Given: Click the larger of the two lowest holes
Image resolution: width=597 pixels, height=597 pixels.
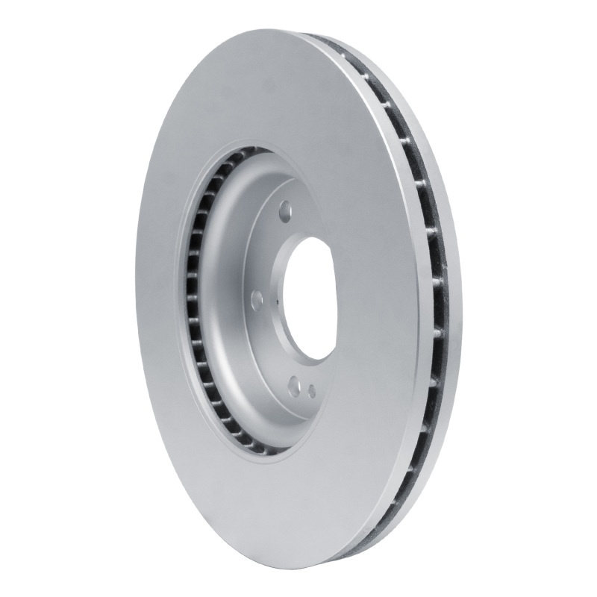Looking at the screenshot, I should click(x=295, y=385).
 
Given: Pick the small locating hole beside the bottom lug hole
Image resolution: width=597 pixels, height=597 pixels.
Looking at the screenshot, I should click(x=311, y=388).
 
